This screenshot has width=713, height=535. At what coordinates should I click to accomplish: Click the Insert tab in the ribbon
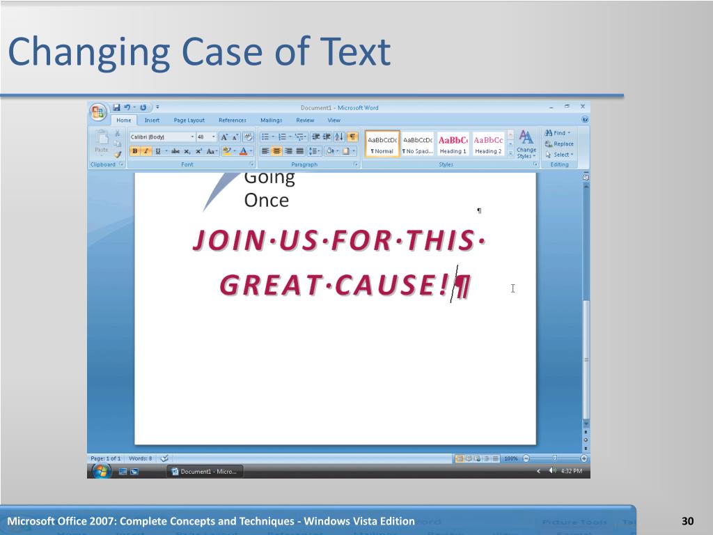(152, 121)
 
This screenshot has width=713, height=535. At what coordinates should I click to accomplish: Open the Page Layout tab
(189, 121)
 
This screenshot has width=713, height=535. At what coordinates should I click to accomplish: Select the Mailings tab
(271, 121)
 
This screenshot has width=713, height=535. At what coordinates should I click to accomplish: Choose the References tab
(233, 121)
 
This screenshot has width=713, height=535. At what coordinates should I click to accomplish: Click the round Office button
(98, 111)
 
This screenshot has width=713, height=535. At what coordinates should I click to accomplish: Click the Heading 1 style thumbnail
(453, 144)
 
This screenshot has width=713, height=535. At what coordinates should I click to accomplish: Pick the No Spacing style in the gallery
(417, 144)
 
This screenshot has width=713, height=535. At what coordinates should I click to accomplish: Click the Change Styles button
(526, 144)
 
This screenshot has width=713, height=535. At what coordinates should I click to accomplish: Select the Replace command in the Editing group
(560, 144)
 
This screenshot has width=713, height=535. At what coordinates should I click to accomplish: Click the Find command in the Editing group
(558, 133)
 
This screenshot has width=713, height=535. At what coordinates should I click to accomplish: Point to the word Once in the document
(266, 201)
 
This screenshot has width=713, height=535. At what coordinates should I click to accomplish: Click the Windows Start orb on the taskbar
(101, 471)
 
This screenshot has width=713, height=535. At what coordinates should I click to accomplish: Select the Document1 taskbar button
(206, 472)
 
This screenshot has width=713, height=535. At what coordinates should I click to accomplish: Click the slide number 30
(688, 522)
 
